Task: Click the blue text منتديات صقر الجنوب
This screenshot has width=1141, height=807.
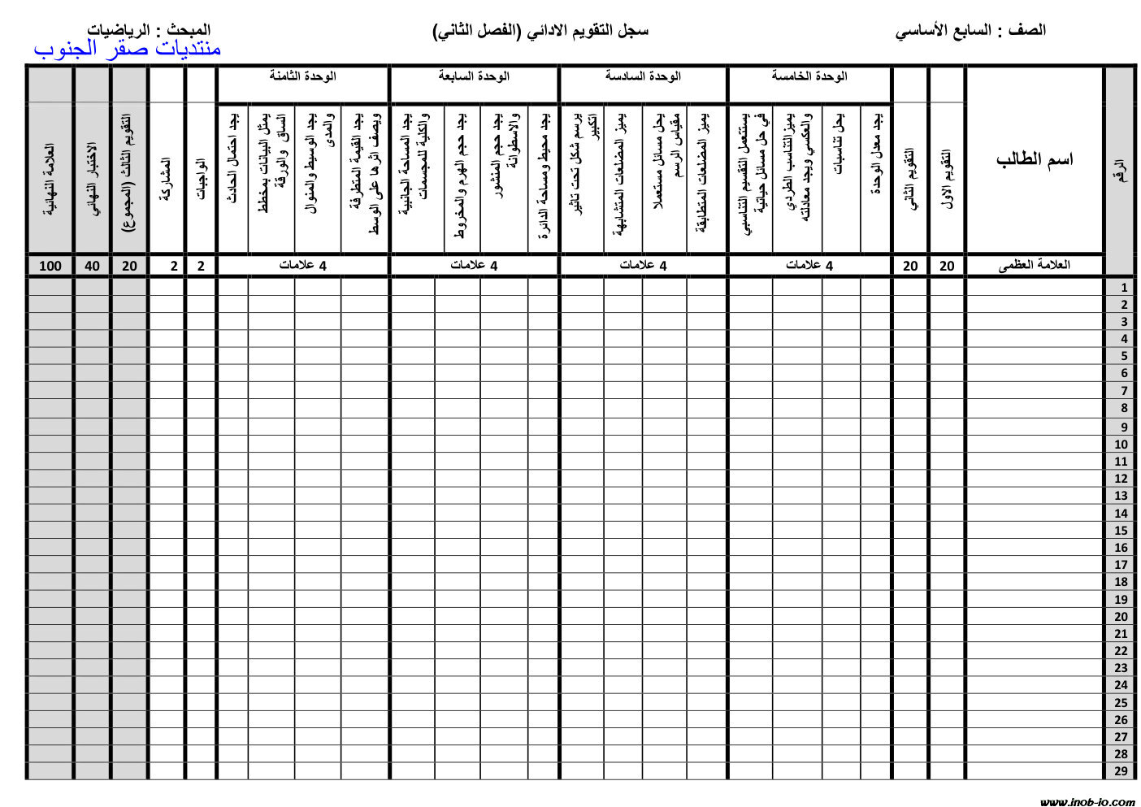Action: (128, 49)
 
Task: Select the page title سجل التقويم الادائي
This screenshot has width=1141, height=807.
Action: (541, 31)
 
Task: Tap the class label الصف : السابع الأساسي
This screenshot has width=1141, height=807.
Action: (970, 31)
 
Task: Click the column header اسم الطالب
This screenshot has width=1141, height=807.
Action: (1034, 159)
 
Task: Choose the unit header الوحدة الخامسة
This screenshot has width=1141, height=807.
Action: (809, 76)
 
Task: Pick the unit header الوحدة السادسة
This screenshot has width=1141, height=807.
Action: (642, 76)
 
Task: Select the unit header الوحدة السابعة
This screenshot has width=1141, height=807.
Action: (473, 76)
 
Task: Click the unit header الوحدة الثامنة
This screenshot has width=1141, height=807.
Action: (302, 76)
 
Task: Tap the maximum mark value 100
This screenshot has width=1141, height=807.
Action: (50, 266)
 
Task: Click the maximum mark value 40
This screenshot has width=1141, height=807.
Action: (93, 266)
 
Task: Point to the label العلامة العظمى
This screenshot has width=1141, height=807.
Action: (1034, 265)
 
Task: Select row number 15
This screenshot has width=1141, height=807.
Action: (1121, 531)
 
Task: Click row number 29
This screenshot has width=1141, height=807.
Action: (1121, 771)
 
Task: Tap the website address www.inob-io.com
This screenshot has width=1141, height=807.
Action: (1087, 801)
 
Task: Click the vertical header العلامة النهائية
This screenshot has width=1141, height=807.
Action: (50, 179)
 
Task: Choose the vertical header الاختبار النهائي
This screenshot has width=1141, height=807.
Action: (93, 179)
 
